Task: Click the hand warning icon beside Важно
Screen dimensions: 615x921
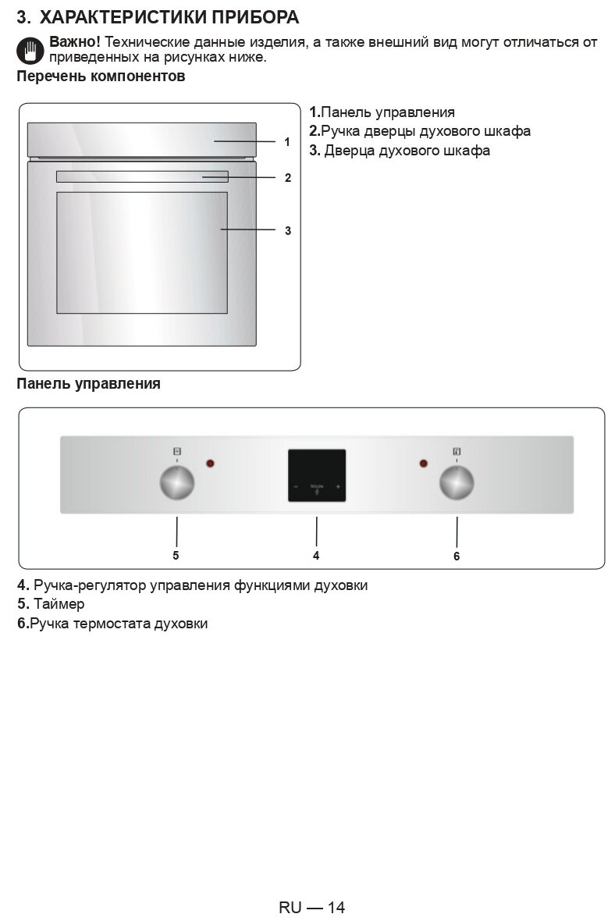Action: [x=30, y=49]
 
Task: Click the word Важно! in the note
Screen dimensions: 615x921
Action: [x=75, y=41]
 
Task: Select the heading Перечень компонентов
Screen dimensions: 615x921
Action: [x=101, y=76]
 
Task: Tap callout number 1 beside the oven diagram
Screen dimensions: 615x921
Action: [x=287, y=142]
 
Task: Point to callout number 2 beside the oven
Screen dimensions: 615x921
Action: [x=288, y=178]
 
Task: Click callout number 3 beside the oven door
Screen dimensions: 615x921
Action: [x=288, y=230]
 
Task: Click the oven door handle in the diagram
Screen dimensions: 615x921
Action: [x=142, y=177]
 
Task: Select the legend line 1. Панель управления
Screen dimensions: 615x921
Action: [x=382, y=112]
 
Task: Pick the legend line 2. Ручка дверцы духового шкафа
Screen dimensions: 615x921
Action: [x=420, y=131]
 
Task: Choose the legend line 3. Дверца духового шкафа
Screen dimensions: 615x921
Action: [x=400, y=151]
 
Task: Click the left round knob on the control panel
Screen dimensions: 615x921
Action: [x=177, y=483]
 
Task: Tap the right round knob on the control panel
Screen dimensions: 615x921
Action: [x=457, y=483]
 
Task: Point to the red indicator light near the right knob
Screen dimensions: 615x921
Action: [x=424, y=464]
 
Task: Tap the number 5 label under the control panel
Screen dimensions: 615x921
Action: [x=176, y=556]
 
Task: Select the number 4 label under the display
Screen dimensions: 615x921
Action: [x=316, y=556]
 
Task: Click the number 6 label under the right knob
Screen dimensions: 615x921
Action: [x=457, y=557]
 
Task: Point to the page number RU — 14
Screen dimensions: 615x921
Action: [x=311, y=907]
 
